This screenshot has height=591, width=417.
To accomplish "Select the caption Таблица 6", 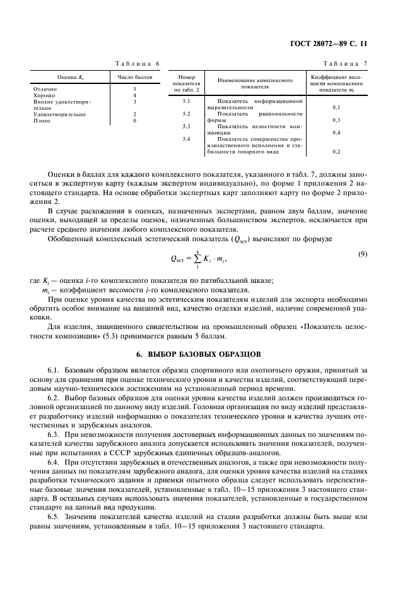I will tap(137, 64).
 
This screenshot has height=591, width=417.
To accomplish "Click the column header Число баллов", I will tap(135, 77).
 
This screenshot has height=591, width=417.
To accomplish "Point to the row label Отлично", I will tap(44, 89).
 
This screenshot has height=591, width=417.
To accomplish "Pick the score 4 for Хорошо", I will tap(135, 95).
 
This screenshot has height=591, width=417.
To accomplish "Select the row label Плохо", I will tap(42, 120).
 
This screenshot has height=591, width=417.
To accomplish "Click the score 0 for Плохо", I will tap(135, 120).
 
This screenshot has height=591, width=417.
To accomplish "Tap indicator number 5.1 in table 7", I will tap(186, 101).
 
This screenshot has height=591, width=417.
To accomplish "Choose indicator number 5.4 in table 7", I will tap(186, 138).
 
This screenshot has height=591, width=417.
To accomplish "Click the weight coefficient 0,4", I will tap(336, 133).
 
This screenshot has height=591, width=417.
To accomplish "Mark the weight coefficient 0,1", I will tap(336, 107).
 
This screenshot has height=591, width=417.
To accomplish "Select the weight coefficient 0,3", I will tap(336, 120).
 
